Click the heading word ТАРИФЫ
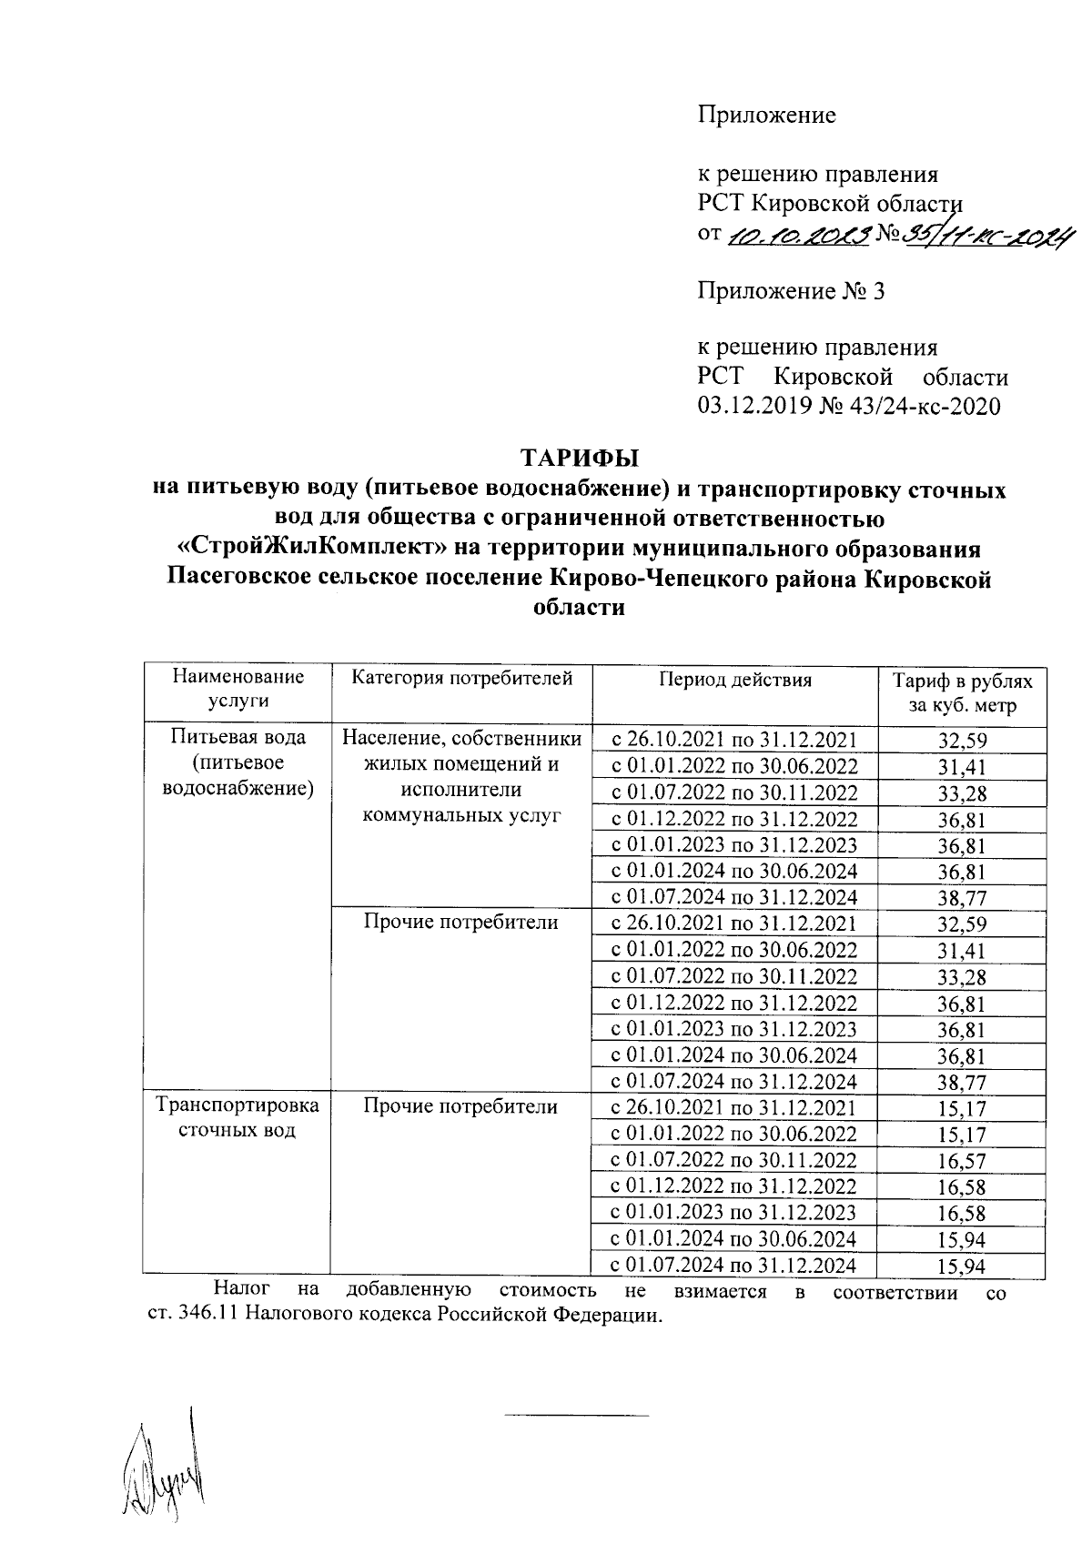(579, 456)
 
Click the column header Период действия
(735, 679)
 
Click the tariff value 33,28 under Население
(962, 793)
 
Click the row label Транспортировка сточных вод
(238, 1118)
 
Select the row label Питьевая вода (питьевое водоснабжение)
(238, 762)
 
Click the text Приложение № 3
(790, 292)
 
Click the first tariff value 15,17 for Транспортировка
(962, 1109)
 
